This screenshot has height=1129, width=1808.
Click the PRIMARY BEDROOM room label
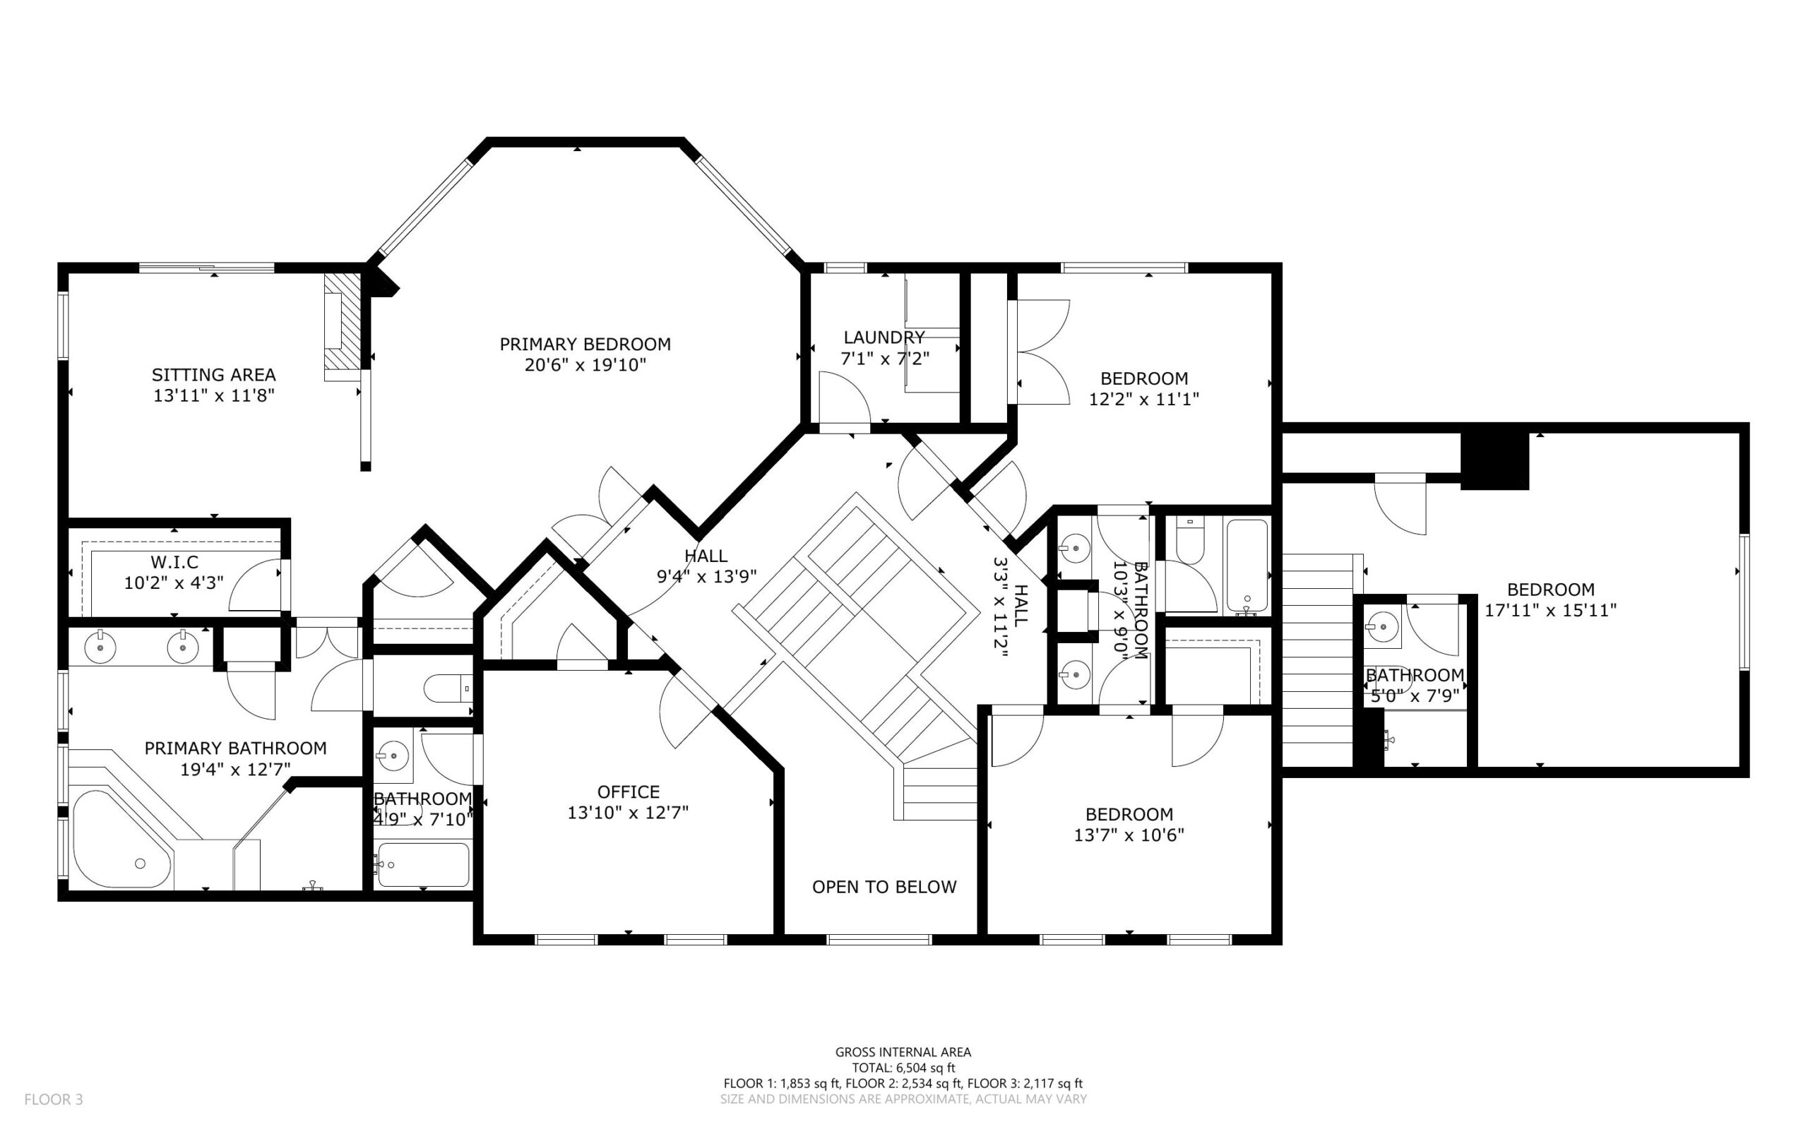click(585, 345)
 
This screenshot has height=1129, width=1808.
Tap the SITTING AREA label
click(213, 375)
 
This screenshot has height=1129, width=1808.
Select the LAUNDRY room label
click(884, 337)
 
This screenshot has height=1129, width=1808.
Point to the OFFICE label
click(628, 792)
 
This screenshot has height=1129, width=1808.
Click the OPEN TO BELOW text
click(884, 886)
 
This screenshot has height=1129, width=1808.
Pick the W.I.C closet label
click(174, 561)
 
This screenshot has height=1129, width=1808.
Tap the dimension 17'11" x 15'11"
click(1550, 610)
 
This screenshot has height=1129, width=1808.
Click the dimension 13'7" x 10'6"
click(1129, 835)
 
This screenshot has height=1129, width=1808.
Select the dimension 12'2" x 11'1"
click(1144, 400)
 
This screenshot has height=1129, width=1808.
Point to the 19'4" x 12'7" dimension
click(235, 769)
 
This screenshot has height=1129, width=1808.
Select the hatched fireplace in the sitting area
click(342, 327)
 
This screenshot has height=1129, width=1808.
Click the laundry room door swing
click(845, 398)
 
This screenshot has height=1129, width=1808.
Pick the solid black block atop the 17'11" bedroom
click(1494, 462)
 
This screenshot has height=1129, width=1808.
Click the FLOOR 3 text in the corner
click(54, 1099)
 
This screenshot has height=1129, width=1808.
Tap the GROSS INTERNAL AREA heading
click(903, 1052)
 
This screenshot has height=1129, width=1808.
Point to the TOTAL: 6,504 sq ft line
click(903, 1068)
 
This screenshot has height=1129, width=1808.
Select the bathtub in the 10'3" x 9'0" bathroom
click(1247, 567)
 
